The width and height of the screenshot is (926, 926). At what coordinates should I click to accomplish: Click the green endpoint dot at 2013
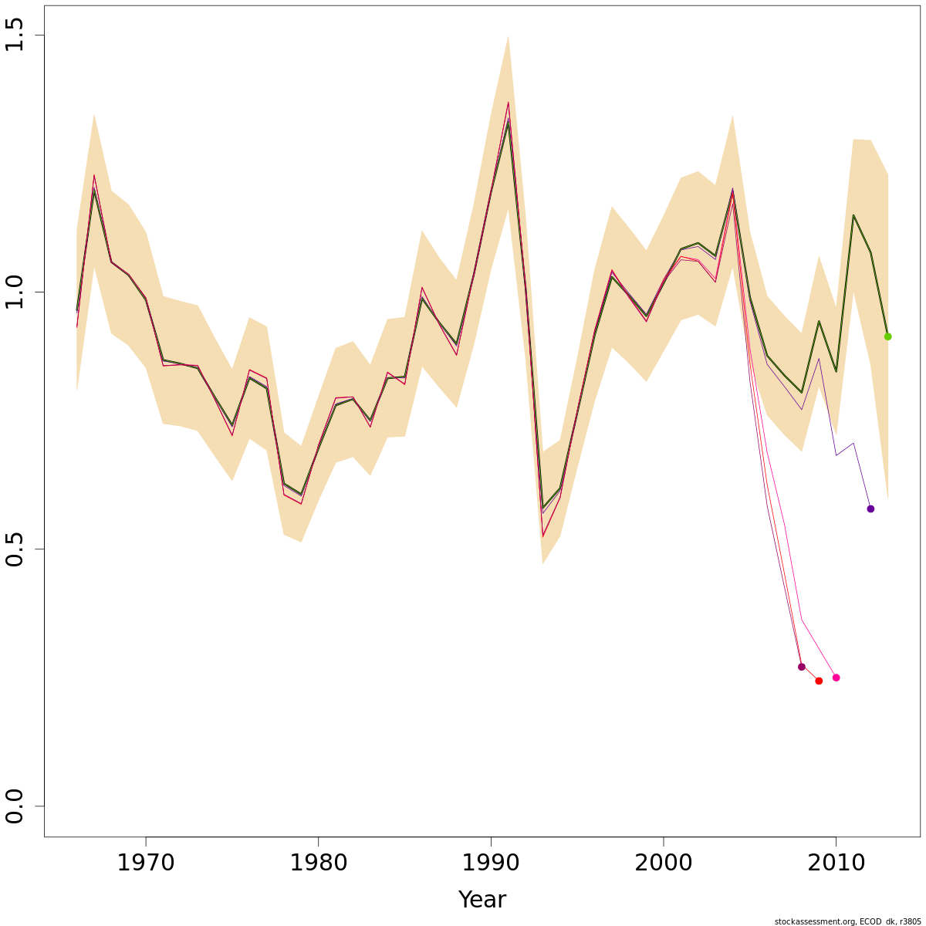[887, 336]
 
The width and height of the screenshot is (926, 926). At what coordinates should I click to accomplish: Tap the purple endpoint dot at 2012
[870, 509]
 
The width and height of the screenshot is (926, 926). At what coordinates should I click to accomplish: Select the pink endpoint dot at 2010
[836, 678]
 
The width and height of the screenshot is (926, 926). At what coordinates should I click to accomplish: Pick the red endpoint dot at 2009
[819, 681]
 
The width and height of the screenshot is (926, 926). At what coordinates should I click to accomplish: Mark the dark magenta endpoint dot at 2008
[801, 667]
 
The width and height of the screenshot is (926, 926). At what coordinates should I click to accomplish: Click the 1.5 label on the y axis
[15, 36]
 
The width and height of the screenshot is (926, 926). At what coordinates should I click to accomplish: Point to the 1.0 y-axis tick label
[15, 292]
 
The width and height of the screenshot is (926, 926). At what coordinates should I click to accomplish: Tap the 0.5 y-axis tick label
[15, 549]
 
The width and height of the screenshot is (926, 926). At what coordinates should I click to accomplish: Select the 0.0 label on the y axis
[15, 806]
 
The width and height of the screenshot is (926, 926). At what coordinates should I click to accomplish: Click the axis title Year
[482, 900]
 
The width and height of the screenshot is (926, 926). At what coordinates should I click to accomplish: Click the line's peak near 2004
[732, 192]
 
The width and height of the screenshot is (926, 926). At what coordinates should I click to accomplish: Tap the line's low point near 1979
[301, 495]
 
